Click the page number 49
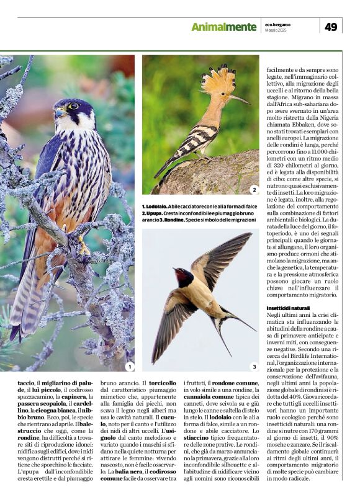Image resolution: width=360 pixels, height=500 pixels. [x=331, y=26]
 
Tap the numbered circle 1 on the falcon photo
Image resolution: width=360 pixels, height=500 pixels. [x=129, y=367]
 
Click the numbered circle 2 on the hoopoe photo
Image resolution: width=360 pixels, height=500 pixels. [x=253, y=189]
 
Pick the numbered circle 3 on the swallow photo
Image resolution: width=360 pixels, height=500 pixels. [x=253, y=367]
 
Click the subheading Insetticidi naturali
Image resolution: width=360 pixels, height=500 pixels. [x=288, y=308]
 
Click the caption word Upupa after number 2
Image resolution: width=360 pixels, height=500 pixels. [x=155, y=213]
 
